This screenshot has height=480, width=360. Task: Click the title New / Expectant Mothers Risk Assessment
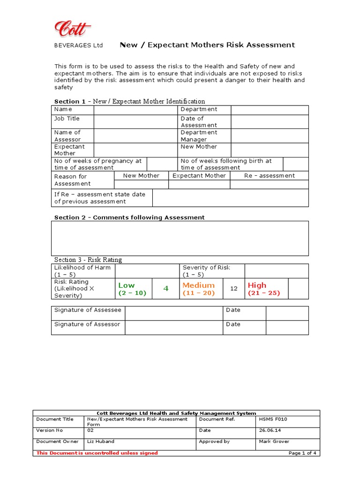tap(207, 45)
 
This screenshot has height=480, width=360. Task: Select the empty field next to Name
tap(135, 110)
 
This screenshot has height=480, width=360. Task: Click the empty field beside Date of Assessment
tap(270, 122)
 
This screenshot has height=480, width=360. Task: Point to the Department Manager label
tap(199, 136)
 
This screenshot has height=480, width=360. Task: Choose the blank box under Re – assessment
tap(270, 184)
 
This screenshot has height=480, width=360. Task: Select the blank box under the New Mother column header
tap(141, 184)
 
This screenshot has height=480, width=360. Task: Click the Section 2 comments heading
tap(129, 217)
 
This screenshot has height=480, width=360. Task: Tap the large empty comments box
tap(180, 238)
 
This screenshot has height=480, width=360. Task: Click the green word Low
tap(127, 285)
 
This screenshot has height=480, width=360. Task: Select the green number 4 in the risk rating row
tap(165, 289)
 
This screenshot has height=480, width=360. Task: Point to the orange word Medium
tap(199, 285)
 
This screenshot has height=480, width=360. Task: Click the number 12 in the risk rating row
tap(234, 289)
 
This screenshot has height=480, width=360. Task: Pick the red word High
tap(257, 285)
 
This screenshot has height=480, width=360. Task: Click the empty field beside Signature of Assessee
tap(173, 313)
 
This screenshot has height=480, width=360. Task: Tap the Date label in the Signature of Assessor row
tap(233, 324)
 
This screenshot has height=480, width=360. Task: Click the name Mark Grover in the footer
tap(274, 441)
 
